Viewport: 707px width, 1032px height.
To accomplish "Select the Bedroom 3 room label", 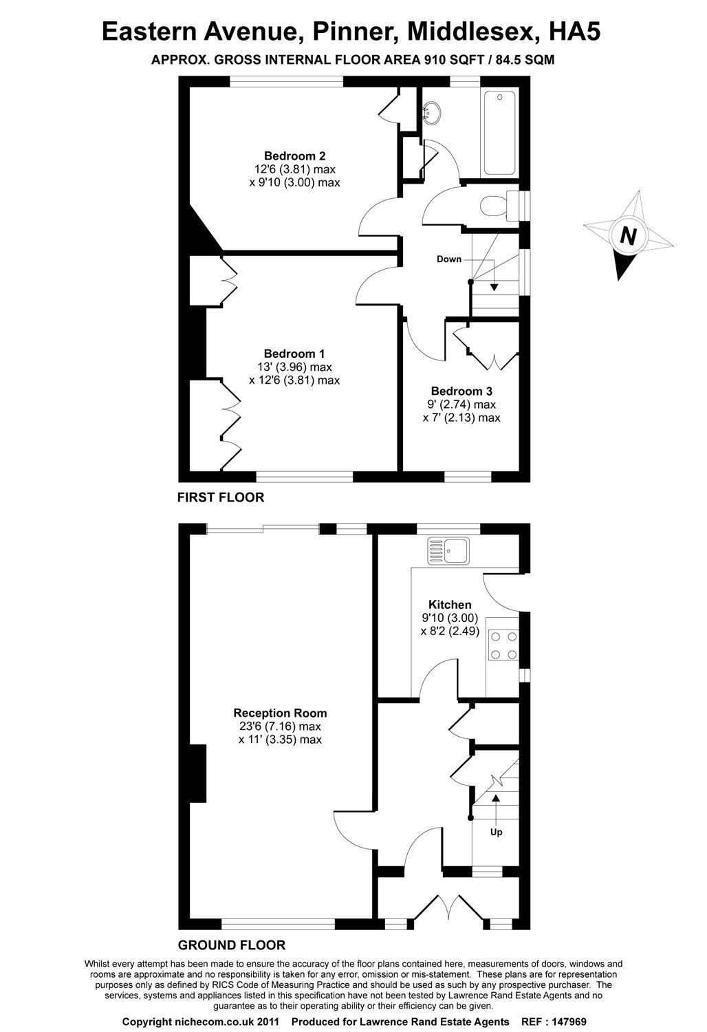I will (461, 391).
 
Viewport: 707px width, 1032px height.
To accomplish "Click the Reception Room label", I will (280, 713).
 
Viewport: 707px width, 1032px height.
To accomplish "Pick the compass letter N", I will (627, 236).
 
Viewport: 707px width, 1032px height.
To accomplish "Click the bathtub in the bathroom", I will (499, 133).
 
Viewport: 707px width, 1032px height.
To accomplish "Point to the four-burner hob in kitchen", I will (503, 646).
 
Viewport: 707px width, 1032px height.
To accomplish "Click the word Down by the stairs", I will (449, 259).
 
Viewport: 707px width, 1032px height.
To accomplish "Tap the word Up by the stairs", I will (496, 832).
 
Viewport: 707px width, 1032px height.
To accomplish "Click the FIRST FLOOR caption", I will (221, 497).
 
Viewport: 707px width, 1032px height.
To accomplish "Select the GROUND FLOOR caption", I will (231, 945).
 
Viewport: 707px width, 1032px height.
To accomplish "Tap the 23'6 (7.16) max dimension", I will (280, 727).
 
